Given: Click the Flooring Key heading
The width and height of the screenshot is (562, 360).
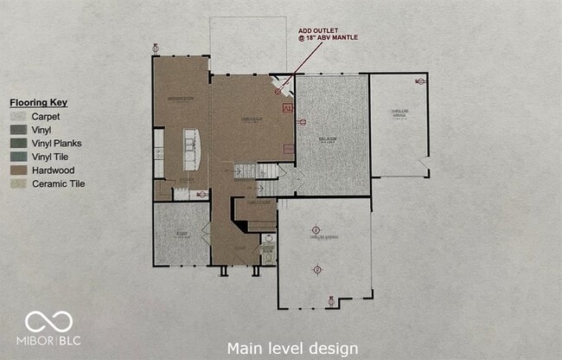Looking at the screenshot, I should pyautogui.click(x=38, y=102).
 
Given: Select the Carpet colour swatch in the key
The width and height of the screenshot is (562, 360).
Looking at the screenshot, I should pyautogui.click(x=17, y=116).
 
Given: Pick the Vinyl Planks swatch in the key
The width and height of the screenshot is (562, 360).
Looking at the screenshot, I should pyautogui.click(x=17, y=143).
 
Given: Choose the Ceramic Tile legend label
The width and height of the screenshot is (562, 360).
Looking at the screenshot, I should pyautogui.click(x=58, y=183).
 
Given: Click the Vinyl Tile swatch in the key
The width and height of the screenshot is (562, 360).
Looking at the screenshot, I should pyautogui.click(x=17, y=157).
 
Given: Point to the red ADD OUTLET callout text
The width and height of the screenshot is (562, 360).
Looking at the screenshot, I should pyautogui.click(x=327, y=33).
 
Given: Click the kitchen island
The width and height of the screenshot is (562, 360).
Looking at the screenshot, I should pyautogui.click(x=190, y=149).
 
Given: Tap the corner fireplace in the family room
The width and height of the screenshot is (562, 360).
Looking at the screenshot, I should pyautogui.click(x=282, y=86).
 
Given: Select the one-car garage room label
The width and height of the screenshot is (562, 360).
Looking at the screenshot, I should pyautogui.click(x=398, y=115).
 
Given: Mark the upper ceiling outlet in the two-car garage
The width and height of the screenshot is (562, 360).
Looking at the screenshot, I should pyautogui.click(x=316, y=229).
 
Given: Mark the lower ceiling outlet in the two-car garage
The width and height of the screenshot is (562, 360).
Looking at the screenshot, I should pyautogui.click(x=316, y=270).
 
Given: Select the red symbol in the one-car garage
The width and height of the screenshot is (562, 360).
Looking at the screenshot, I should pyautogui.click(x=419, y=81).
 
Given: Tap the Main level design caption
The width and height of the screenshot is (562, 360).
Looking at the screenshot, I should pyautogui.click(x=291, y=348).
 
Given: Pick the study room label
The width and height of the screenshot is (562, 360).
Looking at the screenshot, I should pyautogui.click(x=182, y=234).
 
